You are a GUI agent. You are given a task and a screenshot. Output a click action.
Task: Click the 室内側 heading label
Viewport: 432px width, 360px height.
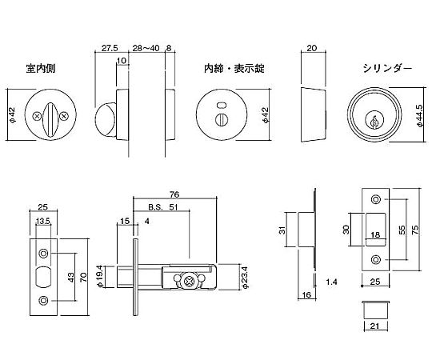pyautogui.click(x=41, y=68)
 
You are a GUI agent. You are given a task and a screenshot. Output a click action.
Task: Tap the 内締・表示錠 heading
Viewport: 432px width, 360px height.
pyautogui.click(x=234, y=68)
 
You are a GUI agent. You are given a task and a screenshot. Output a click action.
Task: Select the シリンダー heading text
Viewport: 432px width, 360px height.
pyautogui.click(x=387, y=68)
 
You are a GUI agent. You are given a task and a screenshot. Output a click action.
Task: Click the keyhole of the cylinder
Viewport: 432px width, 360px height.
pyautogui.click(x=374, y=121)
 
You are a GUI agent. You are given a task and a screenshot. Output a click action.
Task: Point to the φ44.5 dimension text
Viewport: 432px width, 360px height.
pyautogui.click(x=420, y=116)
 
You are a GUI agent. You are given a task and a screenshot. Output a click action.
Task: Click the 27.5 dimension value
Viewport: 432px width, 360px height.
pyautogui.click(x=110, y=48)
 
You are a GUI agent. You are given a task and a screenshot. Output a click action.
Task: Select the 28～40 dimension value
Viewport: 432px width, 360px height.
pyautogui.click(x=146, y=48)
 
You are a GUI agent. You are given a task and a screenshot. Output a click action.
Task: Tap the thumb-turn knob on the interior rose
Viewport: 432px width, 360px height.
pyautogui.click(x=50, y=120)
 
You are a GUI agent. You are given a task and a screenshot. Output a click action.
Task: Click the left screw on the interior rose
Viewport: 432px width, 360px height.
pyautogui.click(x=36, y=117)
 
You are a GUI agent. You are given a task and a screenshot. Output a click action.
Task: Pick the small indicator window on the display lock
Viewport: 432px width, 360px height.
pyautogui.click(x=221, y=106)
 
